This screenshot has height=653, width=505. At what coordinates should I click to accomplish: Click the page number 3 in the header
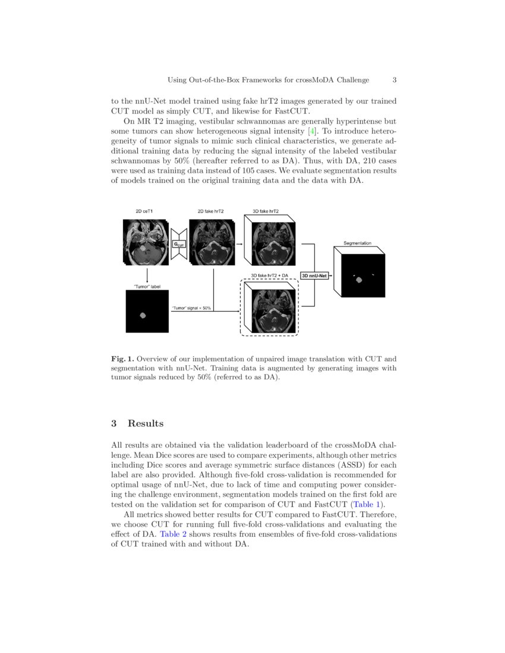(394, 80)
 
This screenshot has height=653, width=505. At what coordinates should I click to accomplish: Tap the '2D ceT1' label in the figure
(145, 211)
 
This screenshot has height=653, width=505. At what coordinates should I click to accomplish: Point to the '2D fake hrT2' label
(211, 211)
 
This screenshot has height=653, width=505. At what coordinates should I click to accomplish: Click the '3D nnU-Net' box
(314, 275)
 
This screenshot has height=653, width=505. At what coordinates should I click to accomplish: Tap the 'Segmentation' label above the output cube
(358, 243)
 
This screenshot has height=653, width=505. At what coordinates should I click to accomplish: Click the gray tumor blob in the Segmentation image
(359, 280)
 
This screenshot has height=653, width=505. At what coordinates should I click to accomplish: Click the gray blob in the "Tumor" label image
(143, 315)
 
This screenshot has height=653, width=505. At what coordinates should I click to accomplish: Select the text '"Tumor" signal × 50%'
(191, 308)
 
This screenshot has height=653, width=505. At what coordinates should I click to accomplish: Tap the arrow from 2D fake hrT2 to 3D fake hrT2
(239, 243)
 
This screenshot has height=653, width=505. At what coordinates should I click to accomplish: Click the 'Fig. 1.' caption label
(123, 359)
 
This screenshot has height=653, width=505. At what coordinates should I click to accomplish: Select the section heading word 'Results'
(146, 423)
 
